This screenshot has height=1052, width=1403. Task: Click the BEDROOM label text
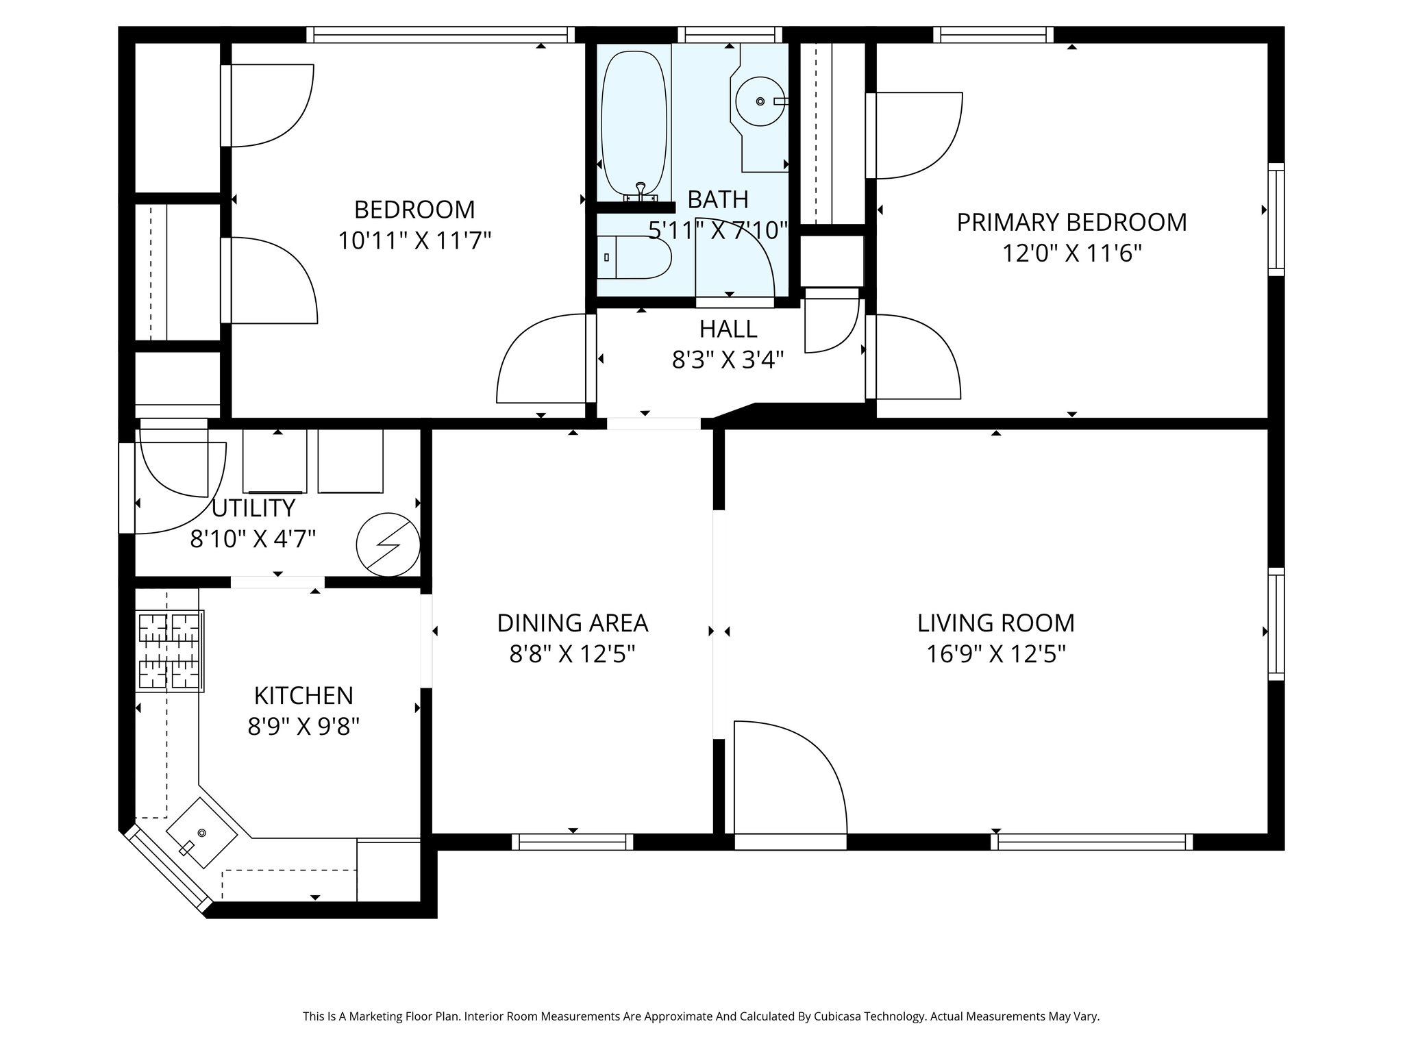click(x=414, y=209)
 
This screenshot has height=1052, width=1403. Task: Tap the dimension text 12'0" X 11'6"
click(x=1071, y=254)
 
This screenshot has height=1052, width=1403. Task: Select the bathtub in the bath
click(x=634, y=123)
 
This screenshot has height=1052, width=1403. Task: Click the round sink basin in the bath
click(x=760, y=101)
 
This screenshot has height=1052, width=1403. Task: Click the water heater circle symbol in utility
click(x=388, y=544)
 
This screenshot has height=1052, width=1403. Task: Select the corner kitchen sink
click(x=201, y=833)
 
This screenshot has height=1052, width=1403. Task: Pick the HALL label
click(x=728, y=329)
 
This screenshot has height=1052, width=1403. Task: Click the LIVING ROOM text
click(x=995, y=623)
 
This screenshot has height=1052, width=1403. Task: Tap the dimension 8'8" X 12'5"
click(x=572, y=655)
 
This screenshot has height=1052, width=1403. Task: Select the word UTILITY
click(x=253, y=508)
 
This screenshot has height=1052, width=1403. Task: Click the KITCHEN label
click(x=303, y=695)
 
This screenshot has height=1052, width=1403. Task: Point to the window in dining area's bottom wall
click(x=572, y=842)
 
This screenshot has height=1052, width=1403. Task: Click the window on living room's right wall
click(x=1276, y=624)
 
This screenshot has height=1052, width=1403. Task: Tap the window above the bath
click(x=730, y=35)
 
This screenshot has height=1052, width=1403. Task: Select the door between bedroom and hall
click(x=541, y=360)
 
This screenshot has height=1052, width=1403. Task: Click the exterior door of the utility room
click(x=127, y=488)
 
